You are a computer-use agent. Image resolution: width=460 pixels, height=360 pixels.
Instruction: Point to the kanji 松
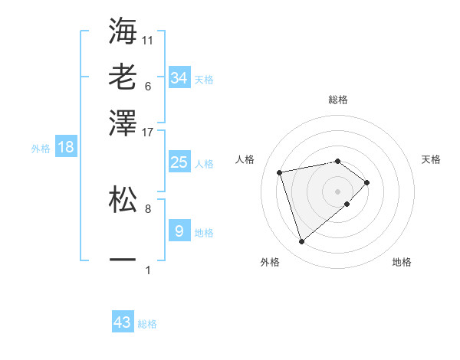[123, 198]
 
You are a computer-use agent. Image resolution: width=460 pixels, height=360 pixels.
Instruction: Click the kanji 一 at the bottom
[123, 260]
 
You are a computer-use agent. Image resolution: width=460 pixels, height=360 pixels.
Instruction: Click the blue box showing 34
[179, 78]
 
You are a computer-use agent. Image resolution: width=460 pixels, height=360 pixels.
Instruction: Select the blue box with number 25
[179, 162]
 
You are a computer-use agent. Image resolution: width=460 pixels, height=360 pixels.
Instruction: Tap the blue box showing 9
[179, 231]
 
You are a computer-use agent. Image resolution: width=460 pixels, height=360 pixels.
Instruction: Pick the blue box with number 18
[66, 148]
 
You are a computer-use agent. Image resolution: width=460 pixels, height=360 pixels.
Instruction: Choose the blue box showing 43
[123, 322]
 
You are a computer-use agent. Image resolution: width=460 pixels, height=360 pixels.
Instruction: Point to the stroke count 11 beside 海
[148, 39]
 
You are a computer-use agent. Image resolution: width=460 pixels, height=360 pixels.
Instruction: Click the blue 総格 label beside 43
[147, 324]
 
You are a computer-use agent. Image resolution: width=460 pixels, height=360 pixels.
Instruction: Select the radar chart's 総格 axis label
[338, 100]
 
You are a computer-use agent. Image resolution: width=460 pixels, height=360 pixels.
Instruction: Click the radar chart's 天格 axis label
[432, 159]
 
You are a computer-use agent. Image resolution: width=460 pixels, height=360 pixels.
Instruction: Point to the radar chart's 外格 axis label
[270, 263]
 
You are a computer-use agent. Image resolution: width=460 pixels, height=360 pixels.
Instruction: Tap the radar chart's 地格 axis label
[402, 263]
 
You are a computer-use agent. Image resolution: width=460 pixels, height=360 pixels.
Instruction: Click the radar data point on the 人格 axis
[281, 172]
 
